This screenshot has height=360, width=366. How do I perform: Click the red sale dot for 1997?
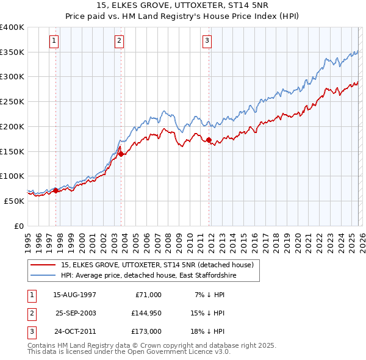56,190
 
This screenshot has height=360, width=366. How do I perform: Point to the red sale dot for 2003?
121,154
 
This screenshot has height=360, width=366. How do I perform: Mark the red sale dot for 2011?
209,140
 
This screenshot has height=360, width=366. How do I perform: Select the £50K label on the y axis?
14,200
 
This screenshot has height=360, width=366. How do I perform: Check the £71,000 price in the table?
146,295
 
